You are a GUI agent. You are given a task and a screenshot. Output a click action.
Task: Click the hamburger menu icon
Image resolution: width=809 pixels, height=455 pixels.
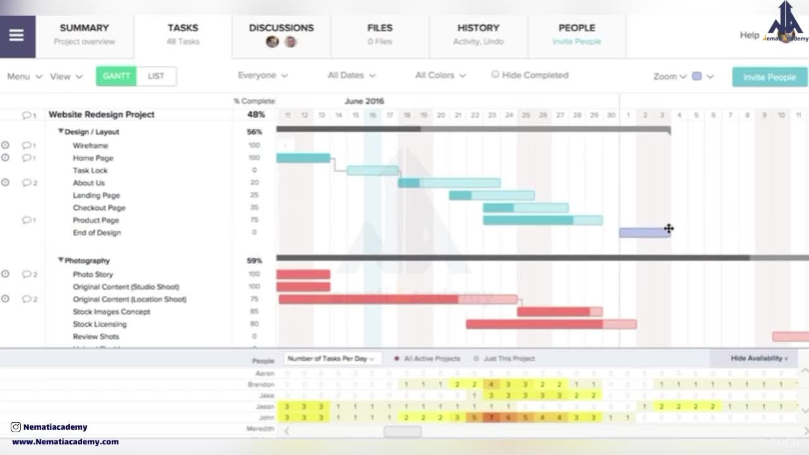click(x=16, y=35)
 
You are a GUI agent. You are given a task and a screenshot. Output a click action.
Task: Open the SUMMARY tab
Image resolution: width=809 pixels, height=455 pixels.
click(x=84, y=34)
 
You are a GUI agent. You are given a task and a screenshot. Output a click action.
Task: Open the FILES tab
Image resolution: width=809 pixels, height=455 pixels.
click(x=380, y=34)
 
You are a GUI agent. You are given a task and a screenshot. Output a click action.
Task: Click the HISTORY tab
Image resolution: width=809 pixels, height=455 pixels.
click(x=478, y=34)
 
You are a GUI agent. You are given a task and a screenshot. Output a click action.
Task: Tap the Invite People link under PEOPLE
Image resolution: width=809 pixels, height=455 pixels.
click(x=576, y=42)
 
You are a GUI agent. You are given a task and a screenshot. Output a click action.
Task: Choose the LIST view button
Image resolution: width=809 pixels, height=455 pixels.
click(x=156, y=76)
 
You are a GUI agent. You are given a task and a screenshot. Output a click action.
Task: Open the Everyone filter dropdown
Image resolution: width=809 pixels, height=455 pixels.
click(x=262, y=75)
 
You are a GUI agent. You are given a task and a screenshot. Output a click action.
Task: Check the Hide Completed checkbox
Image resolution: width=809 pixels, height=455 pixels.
click(x=496, y=75)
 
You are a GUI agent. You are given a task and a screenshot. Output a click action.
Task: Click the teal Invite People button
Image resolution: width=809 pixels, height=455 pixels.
click(x=769, y=77)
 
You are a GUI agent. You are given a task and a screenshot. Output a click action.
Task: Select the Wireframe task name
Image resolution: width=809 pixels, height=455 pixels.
click(x=90, y=145)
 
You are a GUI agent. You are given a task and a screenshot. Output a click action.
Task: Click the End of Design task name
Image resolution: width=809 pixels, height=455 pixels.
click(x=97, y=233)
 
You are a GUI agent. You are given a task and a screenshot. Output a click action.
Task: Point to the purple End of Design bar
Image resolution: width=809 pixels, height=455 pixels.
click(x=643, y=233)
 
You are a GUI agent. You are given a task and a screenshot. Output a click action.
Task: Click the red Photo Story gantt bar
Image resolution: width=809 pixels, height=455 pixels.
click(x=303, y=274)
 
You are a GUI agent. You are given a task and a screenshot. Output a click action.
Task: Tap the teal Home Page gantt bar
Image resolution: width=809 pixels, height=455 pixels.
click(x=303, y=158)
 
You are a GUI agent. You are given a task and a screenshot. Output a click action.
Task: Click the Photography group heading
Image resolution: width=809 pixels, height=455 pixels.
click(x=87, y=260)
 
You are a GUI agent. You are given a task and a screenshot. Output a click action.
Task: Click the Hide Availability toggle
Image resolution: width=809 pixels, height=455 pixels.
click(x=759, y=358)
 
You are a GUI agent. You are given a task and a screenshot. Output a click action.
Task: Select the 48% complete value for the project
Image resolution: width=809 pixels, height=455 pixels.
click(x=255, y=115)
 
